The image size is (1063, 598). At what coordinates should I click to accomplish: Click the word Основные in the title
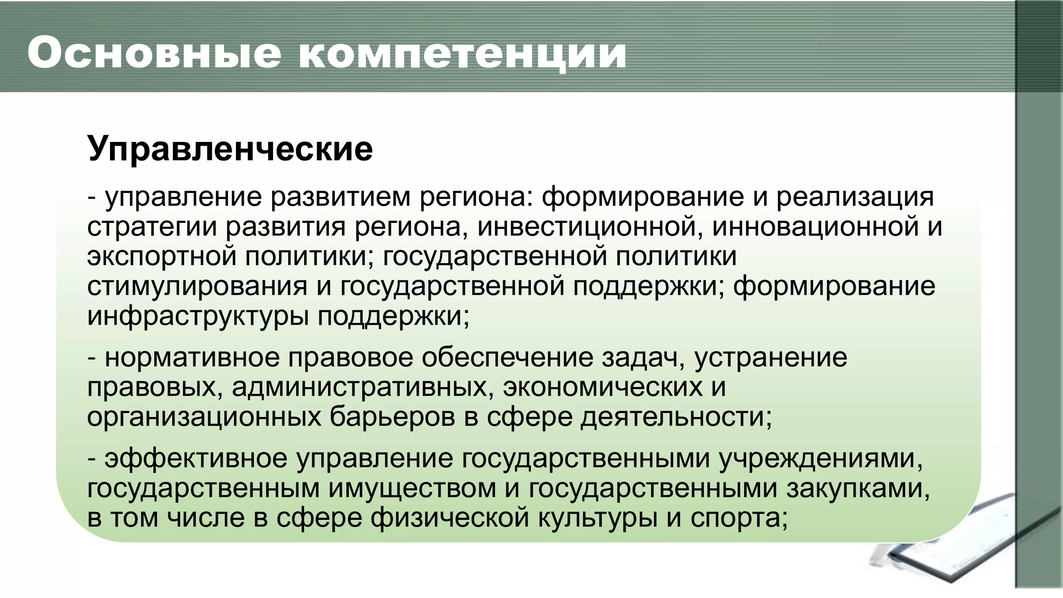pyautogui.click(x=154, y=53)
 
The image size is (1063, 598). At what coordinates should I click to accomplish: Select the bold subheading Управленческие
pyautogui.click(x=230, y=149)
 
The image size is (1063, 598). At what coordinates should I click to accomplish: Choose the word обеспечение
pyautogui.click(x=507, y=358)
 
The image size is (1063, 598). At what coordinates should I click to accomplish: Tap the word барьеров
pyautogui.click(x=392, y=417)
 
